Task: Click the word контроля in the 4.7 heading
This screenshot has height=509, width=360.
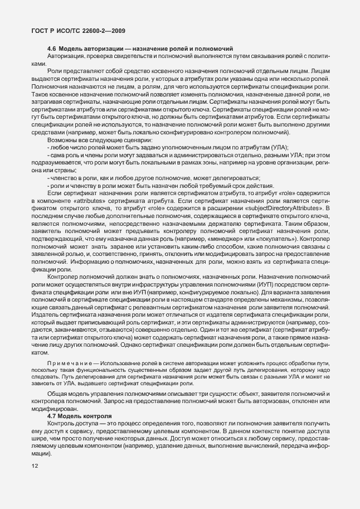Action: click(96, 416)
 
